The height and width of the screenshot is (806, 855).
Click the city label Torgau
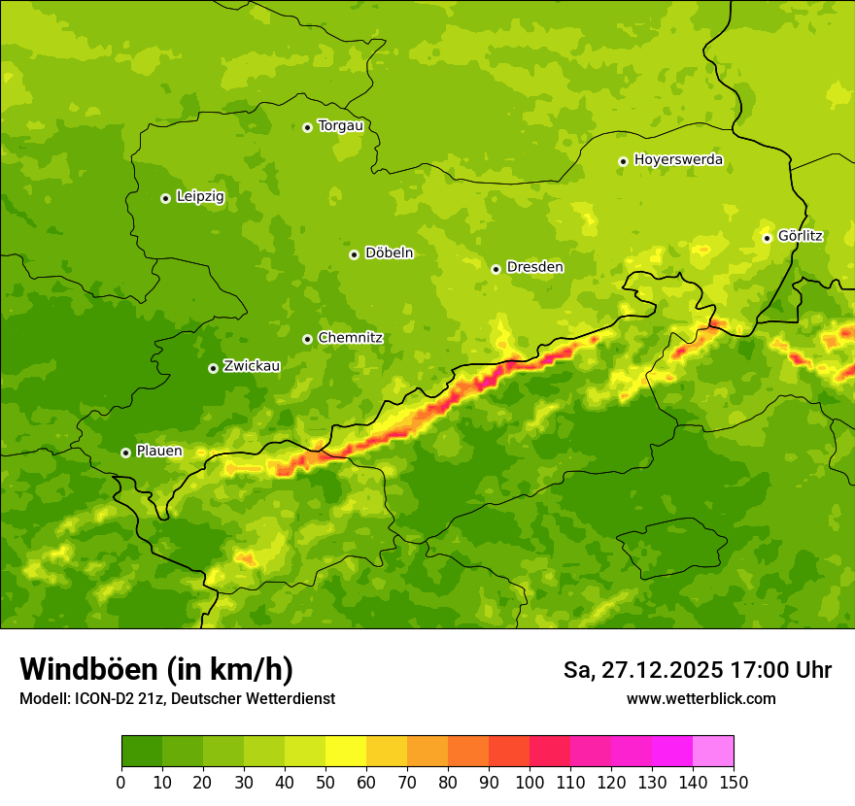tap(340, 126)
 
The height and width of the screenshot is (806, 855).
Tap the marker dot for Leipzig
tap(165, 198)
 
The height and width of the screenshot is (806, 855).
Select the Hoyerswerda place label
tap(678, 160)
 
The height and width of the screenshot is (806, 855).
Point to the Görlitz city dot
tap(767, 238)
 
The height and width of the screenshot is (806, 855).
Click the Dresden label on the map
tap(534, 268)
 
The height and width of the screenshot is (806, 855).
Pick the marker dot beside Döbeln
tap(354, 254)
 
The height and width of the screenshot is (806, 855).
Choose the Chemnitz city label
tap(350, 339)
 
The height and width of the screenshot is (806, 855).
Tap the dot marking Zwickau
tap(213, 368)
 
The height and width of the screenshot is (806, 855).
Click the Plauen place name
tap(159, 452)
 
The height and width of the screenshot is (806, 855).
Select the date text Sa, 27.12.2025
tap(642, 670)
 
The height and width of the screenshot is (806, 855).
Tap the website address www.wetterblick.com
tap(701, 699)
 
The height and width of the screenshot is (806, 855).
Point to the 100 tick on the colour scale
tap(530, 783)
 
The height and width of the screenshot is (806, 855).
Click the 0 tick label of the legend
tap(121, 783)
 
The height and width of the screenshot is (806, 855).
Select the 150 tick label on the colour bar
tap(734, 783)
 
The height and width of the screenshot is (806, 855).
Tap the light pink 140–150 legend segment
tap(713, 752)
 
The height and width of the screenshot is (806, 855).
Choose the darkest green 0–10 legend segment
tap(142, 752)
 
